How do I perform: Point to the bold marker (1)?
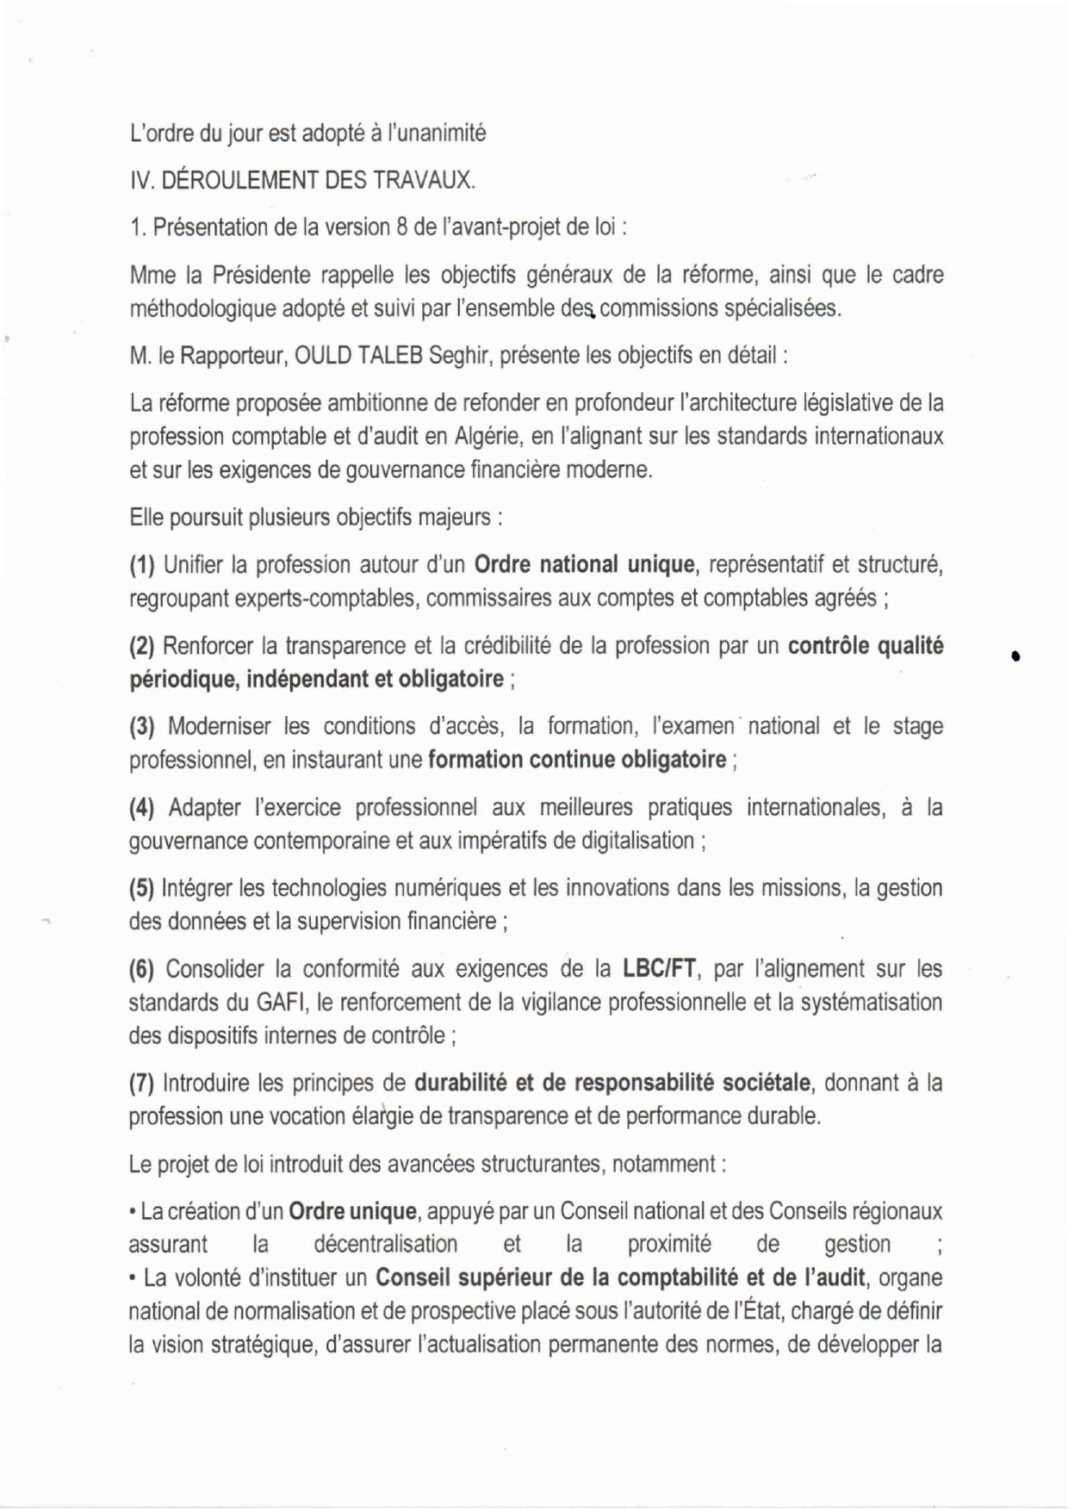[142, 565]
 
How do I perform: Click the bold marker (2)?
[142, 646]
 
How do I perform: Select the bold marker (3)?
[142, 727]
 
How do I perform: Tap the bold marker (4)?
[142, 808]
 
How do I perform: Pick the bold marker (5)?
[142, 888]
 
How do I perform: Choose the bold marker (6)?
[142, 969]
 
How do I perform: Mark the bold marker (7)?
[142, 1083]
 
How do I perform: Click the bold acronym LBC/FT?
[659, 969]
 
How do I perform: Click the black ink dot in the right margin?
[1017, 656]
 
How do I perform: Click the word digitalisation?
[638, 841]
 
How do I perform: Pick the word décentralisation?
[385, 1245]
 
